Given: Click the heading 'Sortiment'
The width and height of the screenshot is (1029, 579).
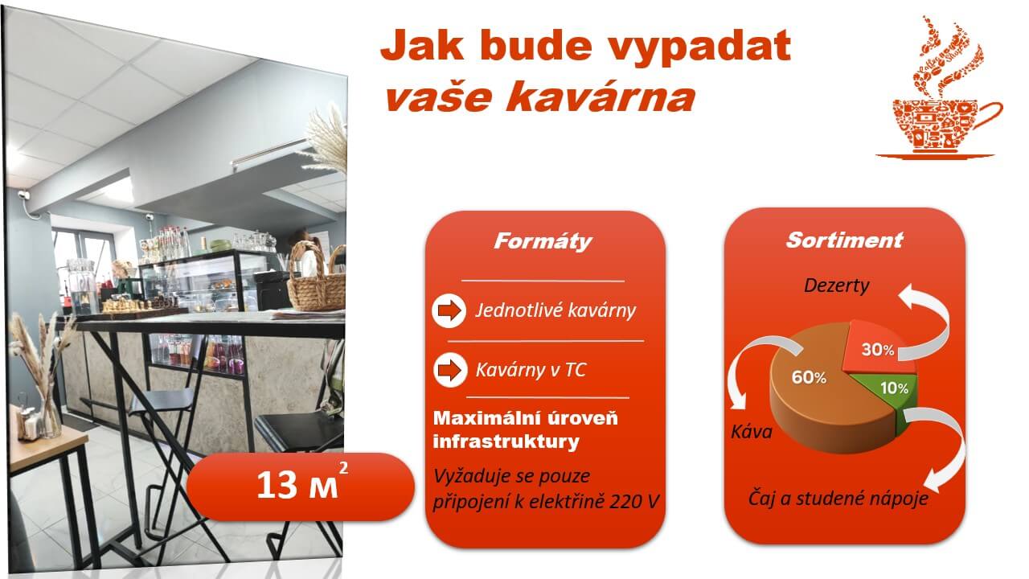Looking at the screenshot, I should click(844, 240).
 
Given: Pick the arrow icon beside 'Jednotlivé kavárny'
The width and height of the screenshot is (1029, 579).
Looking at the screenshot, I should click(449, 310).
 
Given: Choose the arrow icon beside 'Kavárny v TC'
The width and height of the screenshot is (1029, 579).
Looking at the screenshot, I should click(449, 370).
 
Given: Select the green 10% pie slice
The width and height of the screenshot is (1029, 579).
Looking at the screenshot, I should click(888, 389).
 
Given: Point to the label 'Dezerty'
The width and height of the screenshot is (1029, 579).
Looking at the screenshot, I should click(837, 285).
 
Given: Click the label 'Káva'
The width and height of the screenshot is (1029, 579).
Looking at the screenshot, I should click(752, 432).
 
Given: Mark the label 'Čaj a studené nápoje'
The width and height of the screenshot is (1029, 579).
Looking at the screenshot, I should click(838, 499).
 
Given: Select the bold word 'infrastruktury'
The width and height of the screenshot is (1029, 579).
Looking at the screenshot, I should click(506, 441).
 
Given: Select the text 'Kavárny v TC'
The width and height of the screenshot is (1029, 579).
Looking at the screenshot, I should click(531, 370).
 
